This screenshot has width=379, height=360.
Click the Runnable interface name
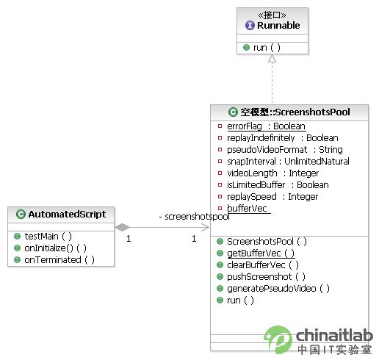278,25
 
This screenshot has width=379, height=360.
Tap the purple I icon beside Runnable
250,25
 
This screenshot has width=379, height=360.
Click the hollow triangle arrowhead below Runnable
272,59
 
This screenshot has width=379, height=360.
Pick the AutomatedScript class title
67,215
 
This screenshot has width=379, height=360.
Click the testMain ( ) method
48,237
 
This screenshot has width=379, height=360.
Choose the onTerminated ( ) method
59,260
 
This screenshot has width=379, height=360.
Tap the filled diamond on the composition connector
122,227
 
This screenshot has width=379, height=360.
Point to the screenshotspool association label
195,217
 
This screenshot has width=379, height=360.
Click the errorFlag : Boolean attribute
266,126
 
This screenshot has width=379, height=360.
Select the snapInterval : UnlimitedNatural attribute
288,162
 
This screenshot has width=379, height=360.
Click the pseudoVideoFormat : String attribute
285,150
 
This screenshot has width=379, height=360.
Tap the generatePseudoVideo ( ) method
278,289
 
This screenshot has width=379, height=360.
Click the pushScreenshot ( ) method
266,277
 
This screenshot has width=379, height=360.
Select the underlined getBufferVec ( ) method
261,253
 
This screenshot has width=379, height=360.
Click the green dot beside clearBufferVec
220,265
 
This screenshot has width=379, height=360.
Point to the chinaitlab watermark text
334,335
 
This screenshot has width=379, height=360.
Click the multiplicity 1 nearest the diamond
129,239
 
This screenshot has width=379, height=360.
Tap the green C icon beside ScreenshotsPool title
233,112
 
